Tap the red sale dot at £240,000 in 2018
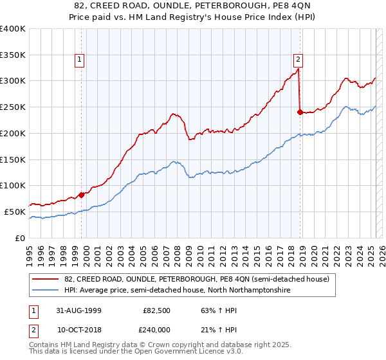[x=300, y=112]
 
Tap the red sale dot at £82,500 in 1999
[x=82, y=194]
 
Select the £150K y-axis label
[x=13, y=159]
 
